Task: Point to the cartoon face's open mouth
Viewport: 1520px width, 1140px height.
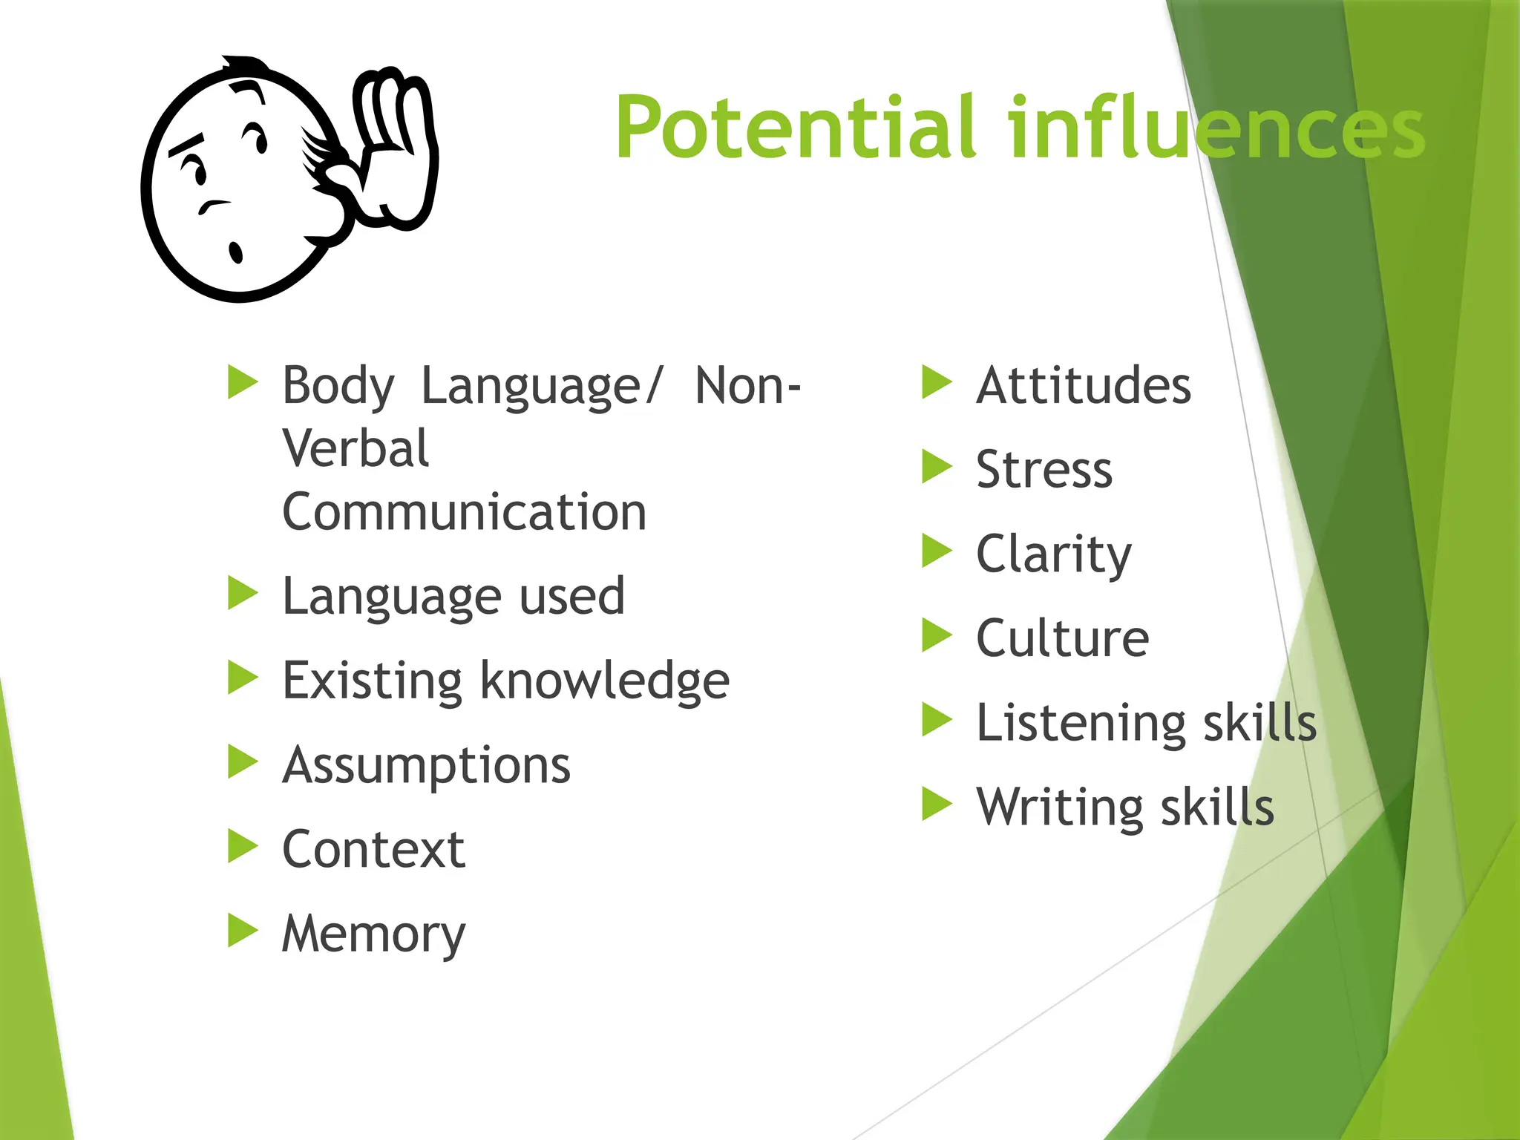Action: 236,252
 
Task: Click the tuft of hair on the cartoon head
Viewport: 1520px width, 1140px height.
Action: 245,67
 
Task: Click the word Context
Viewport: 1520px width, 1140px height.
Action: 373,850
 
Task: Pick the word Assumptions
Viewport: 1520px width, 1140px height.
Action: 426,766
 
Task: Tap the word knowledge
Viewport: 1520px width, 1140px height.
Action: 605,681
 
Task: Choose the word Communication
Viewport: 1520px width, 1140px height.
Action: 464,512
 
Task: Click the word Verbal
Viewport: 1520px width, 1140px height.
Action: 356,449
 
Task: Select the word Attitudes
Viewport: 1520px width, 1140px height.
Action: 1083,386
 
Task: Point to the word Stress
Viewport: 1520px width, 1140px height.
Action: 1044,470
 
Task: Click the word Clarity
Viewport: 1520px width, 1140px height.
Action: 1053,555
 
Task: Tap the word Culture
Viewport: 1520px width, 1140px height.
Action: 1062,638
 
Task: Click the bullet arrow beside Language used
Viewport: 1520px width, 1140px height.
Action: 242,593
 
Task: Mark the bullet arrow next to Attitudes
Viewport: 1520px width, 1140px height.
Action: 936,382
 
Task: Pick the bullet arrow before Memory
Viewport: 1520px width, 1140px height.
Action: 242,931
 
